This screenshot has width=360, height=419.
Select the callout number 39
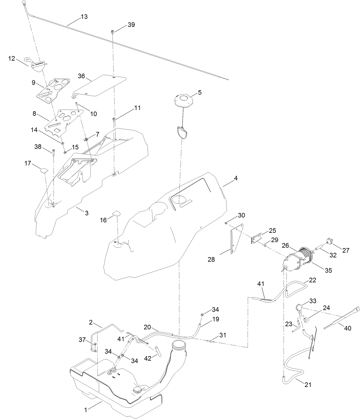click(131, 25)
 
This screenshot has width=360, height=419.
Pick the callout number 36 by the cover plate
click(82, 76)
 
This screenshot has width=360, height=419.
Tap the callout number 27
click(346, 250)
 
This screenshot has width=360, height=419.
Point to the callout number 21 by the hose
click(308, 385)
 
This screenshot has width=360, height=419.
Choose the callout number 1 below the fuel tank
click(85, 410)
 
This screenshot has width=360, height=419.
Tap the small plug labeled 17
click(43, 170)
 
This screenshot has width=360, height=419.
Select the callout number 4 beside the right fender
click(236, 178)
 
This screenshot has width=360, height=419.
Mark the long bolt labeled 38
click(53, 152)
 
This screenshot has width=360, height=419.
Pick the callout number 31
click(223, 335)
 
